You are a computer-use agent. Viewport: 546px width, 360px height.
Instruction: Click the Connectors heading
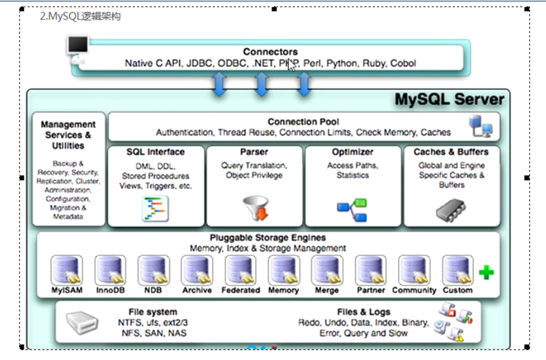pyautogui.click(x=270, y=52)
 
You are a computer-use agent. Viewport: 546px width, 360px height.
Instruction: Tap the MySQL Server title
pyautogui.click(x=449, y=100)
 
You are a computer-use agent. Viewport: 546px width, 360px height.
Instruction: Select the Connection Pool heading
pyautogui.click(x=303, y=122)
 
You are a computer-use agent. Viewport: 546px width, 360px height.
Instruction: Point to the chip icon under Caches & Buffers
pyautogui.click(x=451, y=209)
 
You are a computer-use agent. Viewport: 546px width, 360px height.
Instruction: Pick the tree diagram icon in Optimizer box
pyautogui.click(x=352, y=210)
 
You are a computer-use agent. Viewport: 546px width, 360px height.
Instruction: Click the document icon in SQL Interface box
pyautogui.click(x=155, y=208)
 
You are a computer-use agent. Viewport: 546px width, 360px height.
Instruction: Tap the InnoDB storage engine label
pyautogui.click(x=111, y=290)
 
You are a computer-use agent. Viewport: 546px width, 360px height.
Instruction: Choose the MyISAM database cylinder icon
pyautogui.click(x=67, y=270)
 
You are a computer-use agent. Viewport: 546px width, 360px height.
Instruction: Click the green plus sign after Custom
pyautogui.click(x=486, y=272)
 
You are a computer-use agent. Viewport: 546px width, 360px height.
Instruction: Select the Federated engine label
pyautogui.click(x=241, y=290)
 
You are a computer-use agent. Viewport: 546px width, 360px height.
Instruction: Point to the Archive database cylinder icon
pyautogui.click(x=197, y=270)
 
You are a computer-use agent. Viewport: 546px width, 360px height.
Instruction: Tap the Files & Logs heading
pyautogui.click(x=363, y=312)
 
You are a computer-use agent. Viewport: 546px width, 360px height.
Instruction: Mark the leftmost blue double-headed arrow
pyautogui.click(x=219, y=84)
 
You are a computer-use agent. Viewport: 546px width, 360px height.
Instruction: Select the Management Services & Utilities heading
pyautogui.click(x=68, y=135)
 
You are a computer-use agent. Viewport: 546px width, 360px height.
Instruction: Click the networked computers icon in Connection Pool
pyautogui.click(x=481, y=127)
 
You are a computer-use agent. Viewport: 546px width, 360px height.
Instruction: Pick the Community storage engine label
pyautogui.click(x=414, y=290)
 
